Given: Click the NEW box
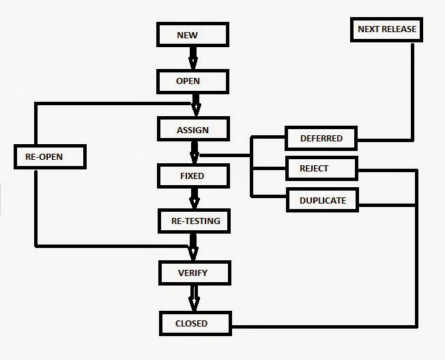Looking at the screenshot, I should click(192, 35).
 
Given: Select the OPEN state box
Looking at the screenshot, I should click(192, 81).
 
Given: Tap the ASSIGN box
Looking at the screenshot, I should click(192, 129).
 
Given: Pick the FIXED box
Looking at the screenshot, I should click(192, 176).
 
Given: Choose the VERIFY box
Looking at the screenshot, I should click(192, 273).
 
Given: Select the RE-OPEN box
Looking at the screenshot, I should click(48, 157).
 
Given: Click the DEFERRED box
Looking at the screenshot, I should click(321, 139).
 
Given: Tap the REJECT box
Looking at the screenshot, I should click(319, 168).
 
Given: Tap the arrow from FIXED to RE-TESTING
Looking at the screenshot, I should click(194, 198).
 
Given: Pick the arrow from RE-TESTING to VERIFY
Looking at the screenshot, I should click(193, 245).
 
